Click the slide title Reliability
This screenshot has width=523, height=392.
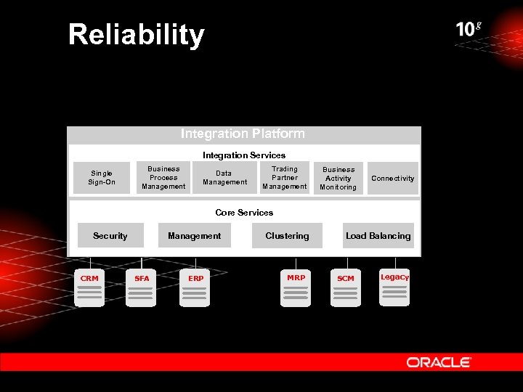[x=137, y=35]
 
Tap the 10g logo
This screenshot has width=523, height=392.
[x=469, y=29]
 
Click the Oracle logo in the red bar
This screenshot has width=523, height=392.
[x=439, y=362]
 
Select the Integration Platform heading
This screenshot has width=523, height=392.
[x=243, y=134]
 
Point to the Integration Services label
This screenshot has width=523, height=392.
[x=244, y=155]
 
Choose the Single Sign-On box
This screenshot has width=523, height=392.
[x=102, y=178]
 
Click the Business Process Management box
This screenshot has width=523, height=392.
[x=163, y=178]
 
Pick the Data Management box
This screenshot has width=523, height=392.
[x=224, y=178]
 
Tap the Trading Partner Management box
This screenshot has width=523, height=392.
[x=285, y=178]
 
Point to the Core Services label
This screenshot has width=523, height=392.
[x=244, y=213]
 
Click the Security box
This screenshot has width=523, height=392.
[x=110, y=236]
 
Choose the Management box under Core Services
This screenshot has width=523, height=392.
[x=194, y=236]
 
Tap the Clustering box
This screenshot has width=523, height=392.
[x=287, y=236]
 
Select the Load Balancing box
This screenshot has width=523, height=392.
[x=378, y=236]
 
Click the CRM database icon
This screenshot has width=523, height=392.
[x=89, y=289]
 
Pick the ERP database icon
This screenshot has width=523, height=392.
[x=195, y=289]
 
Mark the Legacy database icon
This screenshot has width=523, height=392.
[x=394, y=287]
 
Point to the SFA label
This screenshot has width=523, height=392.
[x=142, y=279]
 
